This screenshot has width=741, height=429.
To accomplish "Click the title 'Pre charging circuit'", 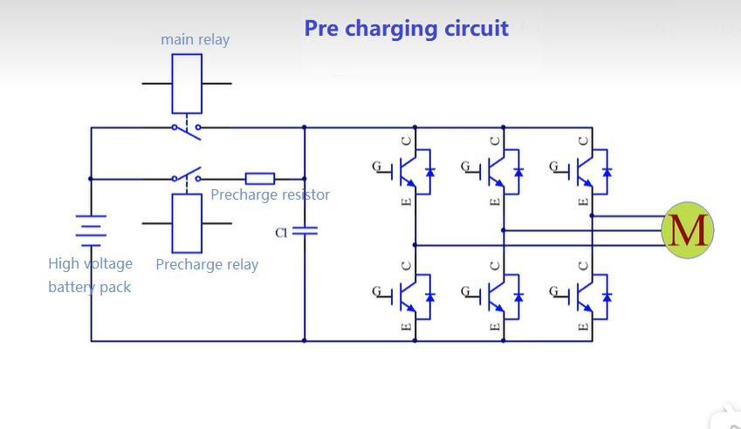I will coord(406,28).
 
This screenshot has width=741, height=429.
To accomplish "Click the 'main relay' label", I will coord(195,39).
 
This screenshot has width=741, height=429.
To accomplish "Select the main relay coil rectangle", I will coord(187,83).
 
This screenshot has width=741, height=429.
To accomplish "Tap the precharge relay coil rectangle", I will coord(187,223).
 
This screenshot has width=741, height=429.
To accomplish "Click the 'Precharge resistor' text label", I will coord(270,194).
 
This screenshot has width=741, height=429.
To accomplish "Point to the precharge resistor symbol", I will coord(259,179).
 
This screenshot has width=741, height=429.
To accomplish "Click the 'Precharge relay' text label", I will coord(207,264).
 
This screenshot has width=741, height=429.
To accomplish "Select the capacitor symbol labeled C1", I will coord(305,231).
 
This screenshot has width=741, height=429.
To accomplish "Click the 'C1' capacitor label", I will coord(281,233).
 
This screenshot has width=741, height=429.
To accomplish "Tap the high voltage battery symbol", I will coord(91,229).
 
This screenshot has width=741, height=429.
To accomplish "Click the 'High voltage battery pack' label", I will coord(90,275).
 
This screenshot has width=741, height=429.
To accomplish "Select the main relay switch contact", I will coord(186,129).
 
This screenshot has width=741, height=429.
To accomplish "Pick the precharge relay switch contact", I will coord(187,176).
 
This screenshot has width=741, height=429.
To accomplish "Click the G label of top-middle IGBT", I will coord(465,166).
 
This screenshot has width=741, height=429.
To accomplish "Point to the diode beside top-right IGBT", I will coord(607,171).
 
